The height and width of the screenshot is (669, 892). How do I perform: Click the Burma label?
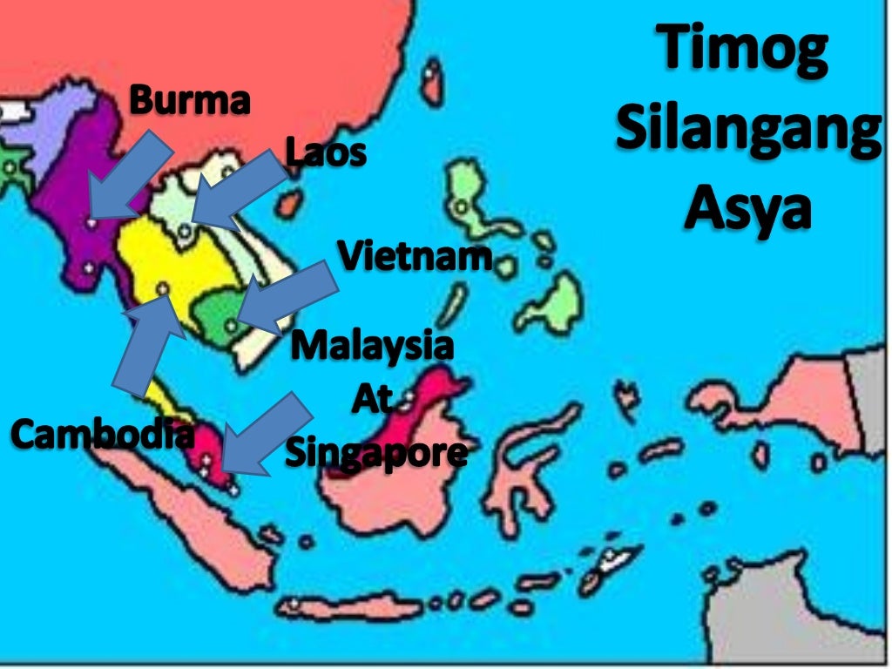coord(190,101)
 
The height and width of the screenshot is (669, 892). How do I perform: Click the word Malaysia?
coord(372,346)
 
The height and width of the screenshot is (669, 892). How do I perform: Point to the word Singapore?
coord(375,453)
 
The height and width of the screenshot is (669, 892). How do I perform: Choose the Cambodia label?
coord(102,433)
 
